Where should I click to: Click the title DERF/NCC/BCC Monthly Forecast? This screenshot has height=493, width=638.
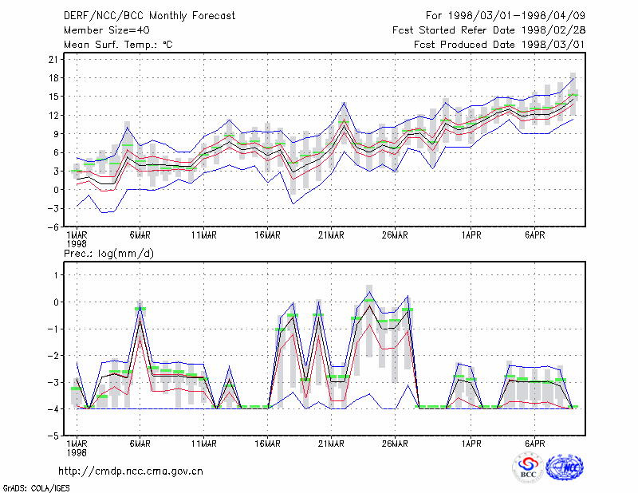coord(149,16)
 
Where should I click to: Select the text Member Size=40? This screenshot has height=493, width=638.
coord(107,30)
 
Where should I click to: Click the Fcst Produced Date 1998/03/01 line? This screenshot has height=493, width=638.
coord(499,45)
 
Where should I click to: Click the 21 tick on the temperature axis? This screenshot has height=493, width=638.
coord(53,60)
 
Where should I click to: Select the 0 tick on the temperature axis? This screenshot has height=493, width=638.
coord(56,190)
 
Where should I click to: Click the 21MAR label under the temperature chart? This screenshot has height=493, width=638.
coord(331,235)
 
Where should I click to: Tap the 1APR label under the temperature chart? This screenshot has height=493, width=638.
coord(471,235)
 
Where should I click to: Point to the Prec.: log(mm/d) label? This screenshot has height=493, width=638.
coord(108,254)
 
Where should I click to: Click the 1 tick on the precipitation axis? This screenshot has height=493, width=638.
coord(56,275)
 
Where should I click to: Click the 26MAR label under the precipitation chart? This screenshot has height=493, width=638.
coord(395,444)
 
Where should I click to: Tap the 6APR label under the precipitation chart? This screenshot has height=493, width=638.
coord(534,444)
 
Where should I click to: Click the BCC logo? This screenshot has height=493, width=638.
coord(528,467)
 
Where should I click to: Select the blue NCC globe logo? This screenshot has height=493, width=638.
coord(565,467)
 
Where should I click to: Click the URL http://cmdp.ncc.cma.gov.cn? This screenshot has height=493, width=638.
coord(131,471)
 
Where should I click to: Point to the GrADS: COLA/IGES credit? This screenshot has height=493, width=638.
coord(36,488)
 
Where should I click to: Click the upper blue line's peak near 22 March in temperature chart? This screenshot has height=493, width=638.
coord(344,103)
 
